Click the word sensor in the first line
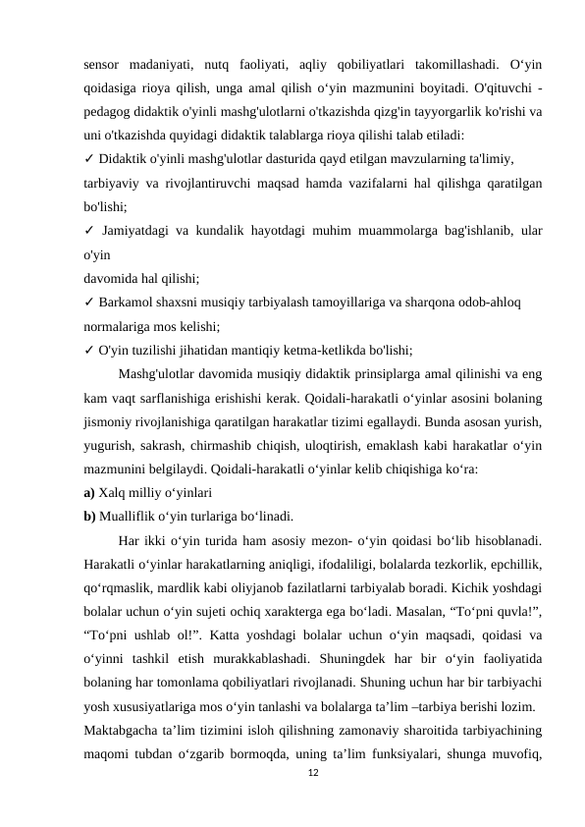tap(105, 65)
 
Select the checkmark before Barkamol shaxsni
tap(89, 302)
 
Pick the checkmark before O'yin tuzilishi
tap(89, 349)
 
